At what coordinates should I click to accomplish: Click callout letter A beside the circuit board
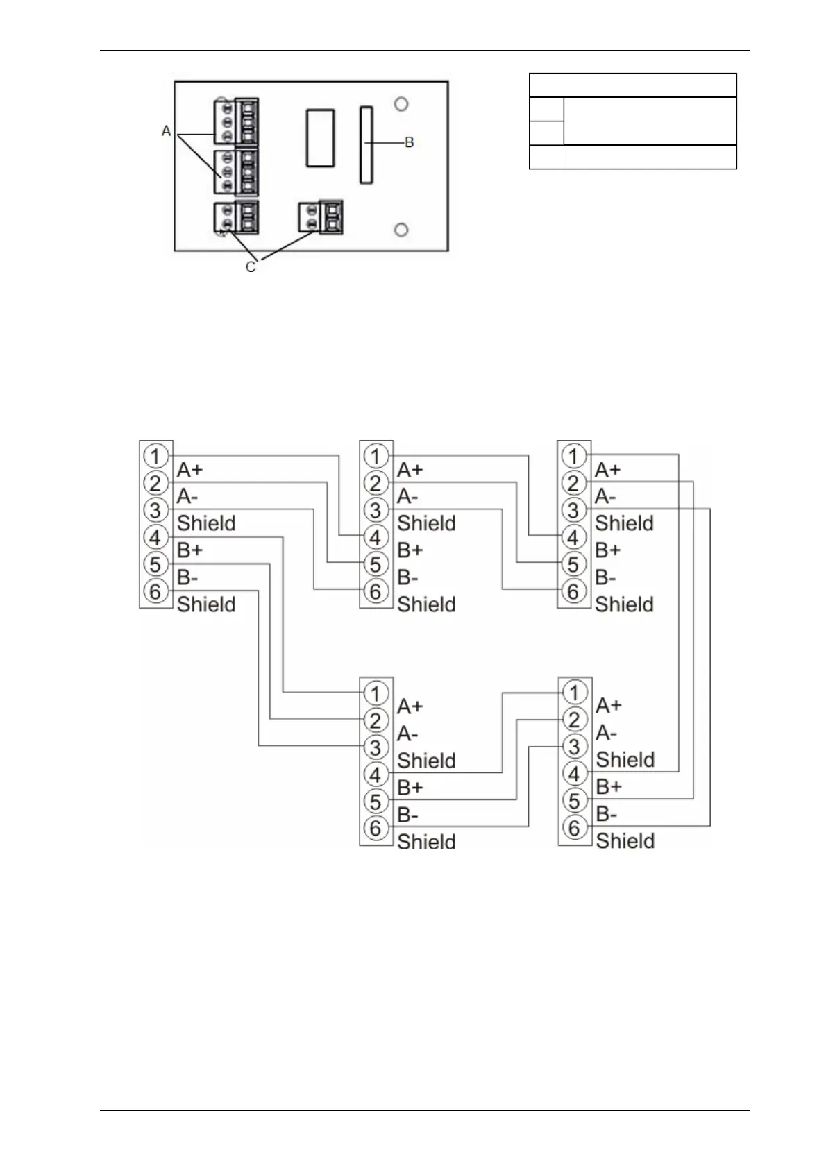tap(166, 130)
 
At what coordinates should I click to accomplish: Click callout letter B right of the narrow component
tap(410, 142)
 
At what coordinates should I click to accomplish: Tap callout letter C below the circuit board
tap(251, 266)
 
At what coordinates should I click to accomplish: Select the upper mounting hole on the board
tap(401, 104)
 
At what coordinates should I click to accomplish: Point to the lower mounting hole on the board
tap(401, 230)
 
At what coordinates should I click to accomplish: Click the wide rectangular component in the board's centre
tap(319, 137)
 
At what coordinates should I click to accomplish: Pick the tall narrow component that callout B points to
tap(366, 144)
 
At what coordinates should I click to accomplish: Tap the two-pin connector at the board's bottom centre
tap(321, 217)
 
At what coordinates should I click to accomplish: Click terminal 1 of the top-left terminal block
tap(155, 456)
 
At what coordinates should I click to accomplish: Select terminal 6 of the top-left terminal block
tap(155, 591)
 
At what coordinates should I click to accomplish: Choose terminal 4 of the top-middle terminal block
tap(376, 537)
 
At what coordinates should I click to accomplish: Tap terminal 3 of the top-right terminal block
tap(573, 510)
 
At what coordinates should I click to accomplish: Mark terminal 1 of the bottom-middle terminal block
tap(376, 693)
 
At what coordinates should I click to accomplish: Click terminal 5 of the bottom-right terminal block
tap(574, 800)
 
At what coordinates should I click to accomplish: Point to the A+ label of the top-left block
tap(189, 470)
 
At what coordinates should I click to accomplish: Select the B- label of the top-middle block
tap(408, 577)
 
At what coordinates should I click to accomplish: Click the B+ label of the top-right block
tap(608, 550)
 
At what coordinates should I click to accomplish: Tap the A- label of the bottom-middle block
tap(408, 734)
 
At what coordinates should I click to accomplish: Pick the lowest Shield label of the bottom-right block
tap(625, 841)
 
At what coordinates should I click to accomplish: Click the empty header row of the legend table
tap(632, 85)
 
